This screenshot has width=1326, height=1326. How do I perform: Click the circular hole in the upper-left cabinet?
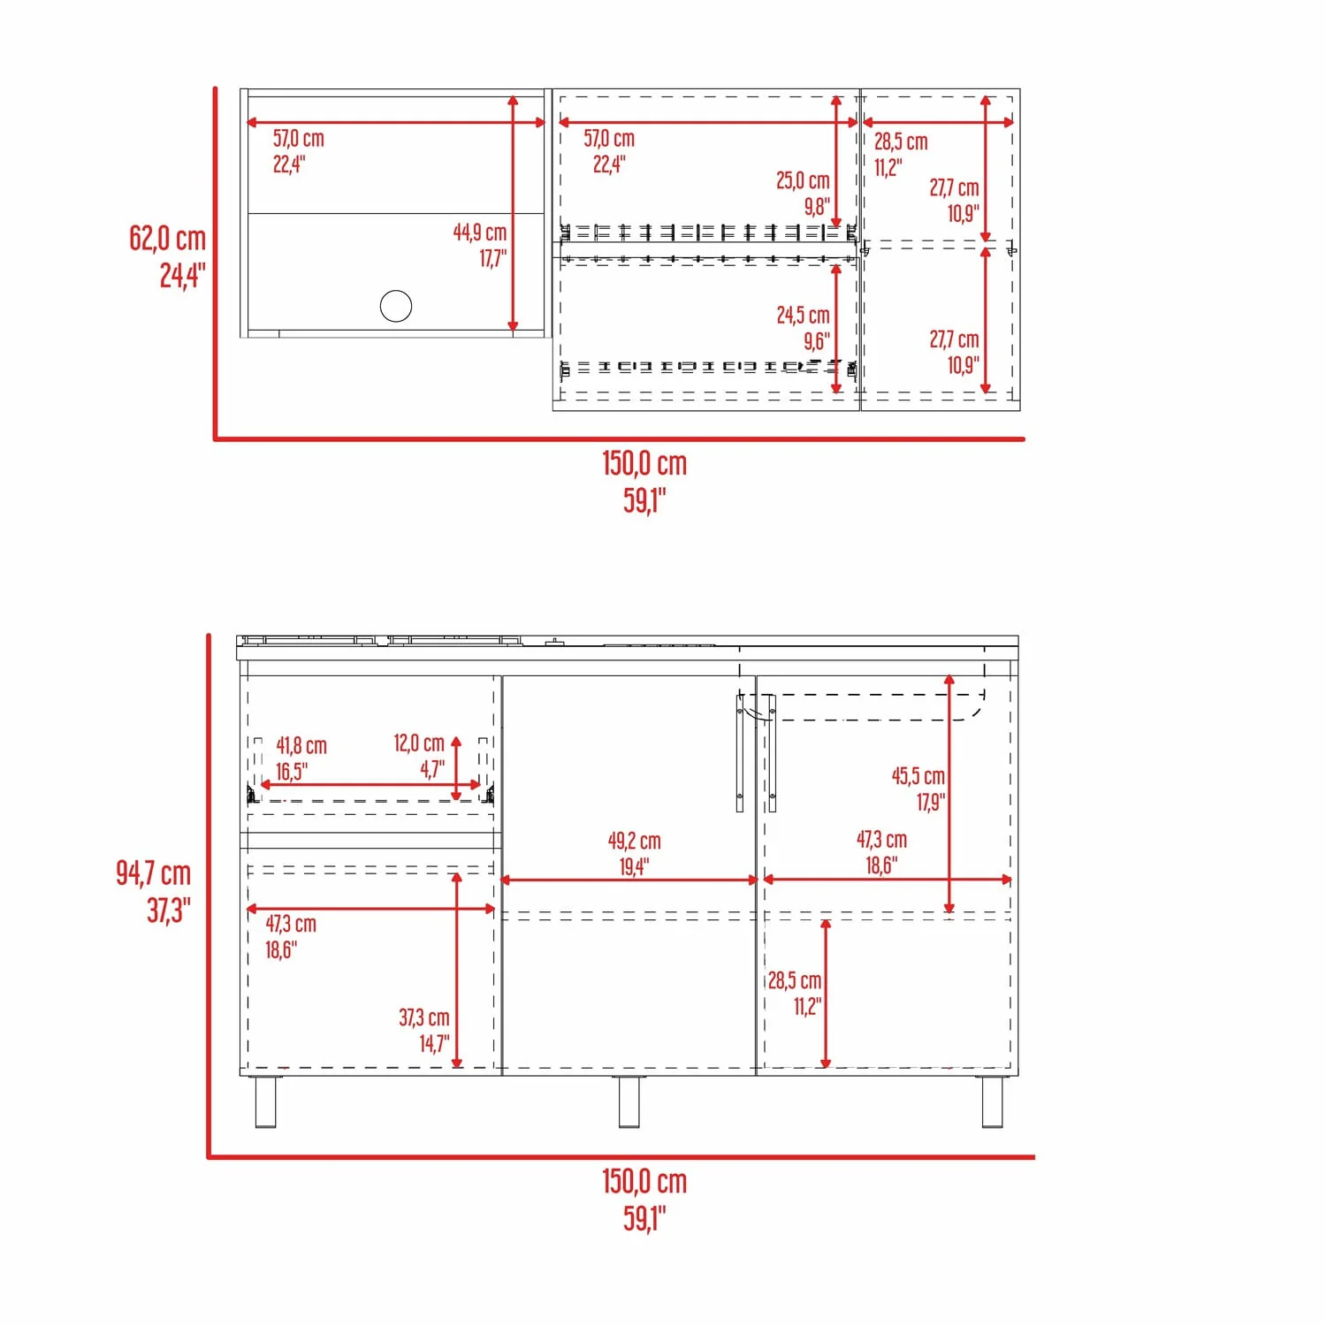(396, 306)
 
